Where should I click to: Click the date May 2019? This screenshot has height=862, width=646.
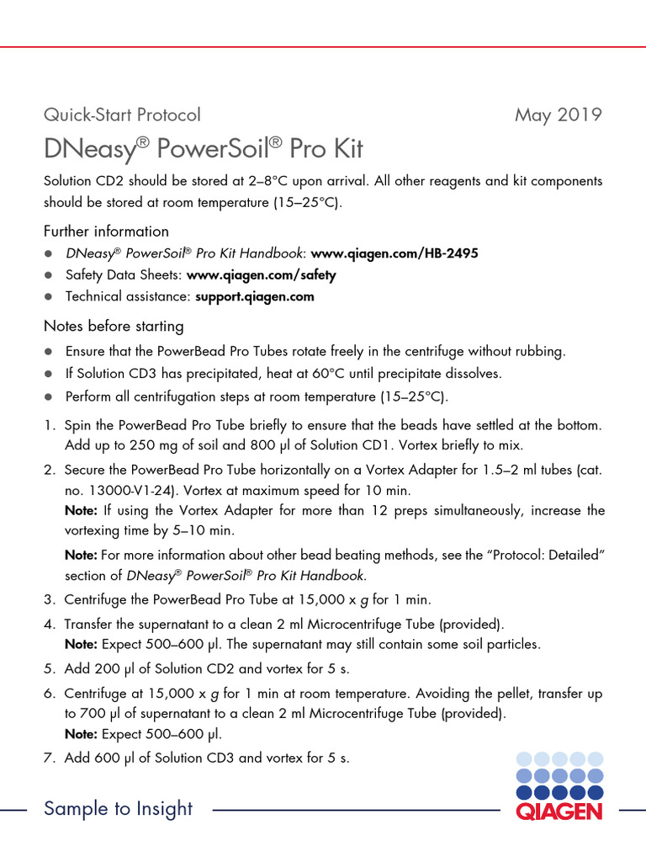(x=558, y=114)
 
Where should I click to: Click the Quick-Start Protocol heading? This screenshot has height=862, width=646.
(x=122, y=114)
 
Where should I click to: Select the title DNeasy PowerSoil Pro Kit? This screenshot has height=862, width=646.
(x=203, y=149)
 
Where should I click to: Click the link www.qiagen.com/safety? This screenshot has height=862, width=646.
(x=261, y=275)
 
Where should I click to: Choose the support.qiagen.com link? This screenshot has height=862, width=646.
(x=255, y=296)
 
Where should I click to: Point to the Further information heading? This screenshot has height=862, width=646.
(x=106, y=231)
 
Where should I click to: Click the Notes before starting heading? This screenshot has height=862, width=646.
(x=114, y=326)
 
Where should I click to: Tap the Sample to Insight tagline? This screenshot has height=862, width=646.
(x=118, y=809)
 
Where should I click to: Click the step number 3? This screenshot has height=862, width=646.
(x=49, y=600)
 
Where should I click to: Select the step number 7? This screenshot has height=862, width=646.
(x=49, y=758)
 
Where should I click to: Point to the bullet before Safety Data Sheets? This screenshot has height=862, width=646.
(x=49, y=275)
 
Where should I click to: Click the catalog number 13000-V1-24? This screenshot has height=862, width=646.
(x=130, y=490)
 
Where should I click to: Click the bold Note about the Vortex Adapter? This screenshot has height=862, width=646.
(x=82, y=511)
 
